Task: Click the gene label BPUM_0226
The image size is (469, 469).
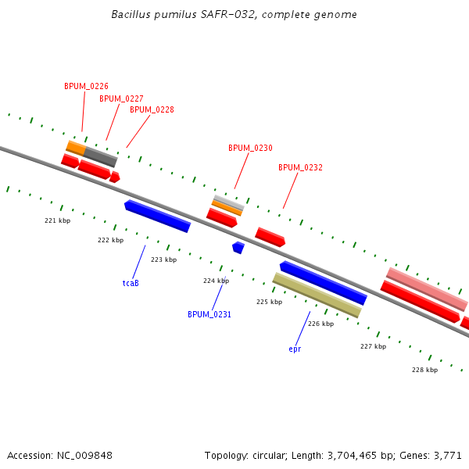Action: [86, 86]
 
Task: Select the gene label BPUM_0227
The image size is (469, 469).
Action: [121, 98]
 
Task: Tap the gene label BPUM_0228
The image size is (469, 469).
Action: [152, 109]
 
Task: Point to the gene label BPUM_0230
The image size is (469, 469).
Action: [250, 148]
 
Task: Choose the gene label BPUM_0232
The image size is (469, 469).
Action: [300, 167]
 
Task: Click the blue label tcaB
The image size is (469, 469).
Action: [131, 283]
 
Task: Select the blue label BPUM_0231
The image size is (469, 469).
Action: [209, 314]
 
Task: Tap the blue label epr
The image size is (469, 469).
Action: [295, 349]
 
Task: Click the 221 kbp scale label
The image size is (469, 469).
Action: [57, 220]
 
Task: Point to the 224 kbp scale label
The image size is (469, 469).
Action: [216, 281]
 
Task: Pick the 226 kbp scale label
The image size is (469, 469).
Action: [320, 324]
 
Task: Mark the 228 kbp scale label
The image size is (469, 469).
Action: [424, 370]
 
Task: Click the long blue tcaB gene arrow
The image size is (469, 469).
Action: [157, 216]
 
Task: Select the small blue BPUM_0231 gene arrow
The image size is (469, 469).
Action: [238, 247]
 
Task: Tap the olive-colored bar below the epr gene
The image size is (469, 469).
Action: [317, 295]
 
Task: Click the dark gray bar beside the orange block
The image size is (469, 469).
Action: [101, 156]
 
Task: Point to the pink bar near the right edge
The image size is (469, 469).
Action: [427, 288]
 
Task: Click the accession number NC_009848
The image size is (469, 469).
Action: [86, 455]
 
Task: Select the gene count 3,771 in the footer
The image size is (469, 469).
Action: [446, 455]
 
